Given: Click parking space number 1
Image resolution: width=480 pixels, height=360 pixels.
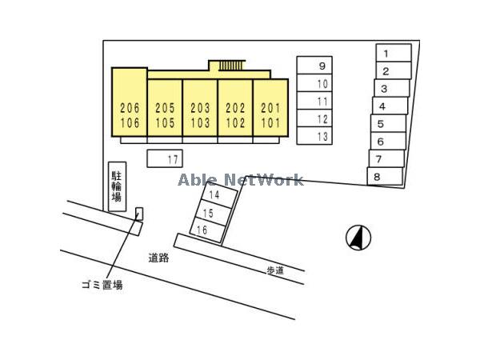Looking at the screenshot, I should click(394, 53).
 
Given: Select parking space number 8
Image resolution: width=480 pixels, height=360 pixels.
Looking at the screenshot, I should click(385, 176).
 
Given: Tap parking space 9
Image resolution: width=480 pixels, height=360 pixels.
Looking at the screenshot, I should click(314, 66).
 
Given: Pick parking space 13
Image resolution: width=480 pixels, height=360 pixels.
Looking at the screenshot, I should click(314, 136).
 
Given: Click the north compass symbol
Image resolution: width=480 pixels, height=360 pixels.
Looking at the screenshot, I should click(358, 237).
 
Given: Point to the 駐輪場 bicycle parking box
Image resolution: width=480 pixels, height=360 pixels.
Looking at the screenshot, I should click(117, 187).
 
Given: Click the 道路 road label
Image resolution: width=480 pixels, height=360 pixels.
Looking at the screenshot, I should click(158, 258).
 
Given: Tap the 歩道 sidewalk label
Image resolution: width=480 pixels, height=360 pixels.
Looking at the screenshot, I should click(274, 270).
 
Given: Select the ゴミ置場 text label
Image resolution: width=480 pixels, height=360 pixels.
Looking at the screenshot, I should click(102, 284).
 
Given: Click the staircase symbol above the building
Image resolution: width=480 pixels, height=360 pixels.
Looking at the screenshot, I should click(231, 65).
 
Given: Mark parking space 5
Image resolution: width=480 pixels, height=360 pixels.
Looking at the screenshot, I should click(388, 124).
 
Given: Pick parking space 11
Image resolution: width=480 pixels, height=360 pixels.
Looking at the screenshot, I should click(314, 101).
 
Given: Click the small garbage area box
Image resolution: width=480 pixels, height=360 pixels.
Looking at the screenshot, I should click(139, 213).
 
